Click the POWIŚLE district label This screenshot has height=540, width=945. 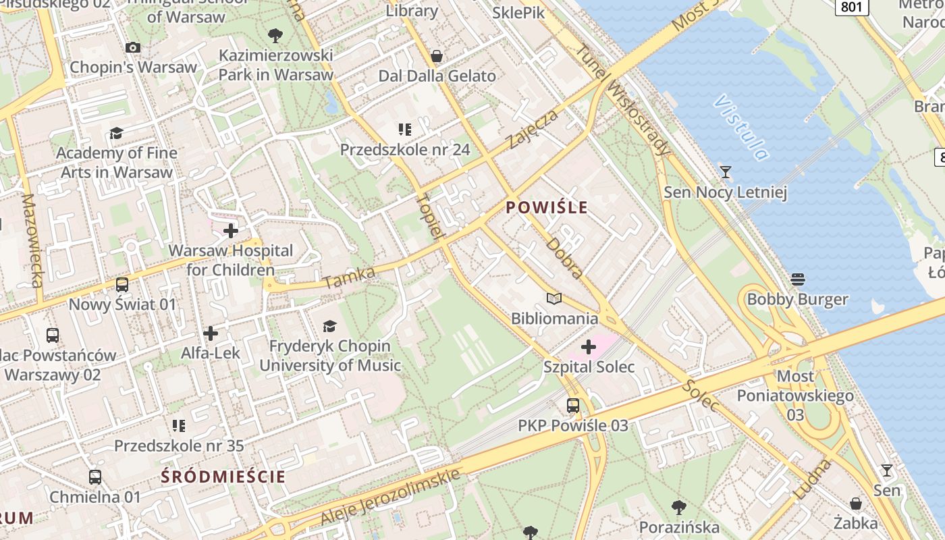pyautogui.click(x=547, y=207)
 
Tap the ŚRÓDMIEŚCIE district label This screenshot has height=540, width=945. pyautogui.click(x=223, y=477)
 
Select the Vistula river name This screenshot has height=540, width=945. pyautogui.click(x=741, y=128)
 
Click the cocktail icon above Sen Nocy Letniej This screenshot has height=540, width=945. pyautogui.click(x=726, y=172)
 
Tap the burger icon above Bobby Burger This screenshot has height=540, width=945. pyautogui.click(x=797, y=279)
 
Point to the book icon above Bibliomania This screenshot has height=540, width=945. pyautogui.click(x=554, y=298)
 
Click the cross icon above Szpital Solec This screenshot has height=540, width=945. pyautogui.click(x=589, y=347)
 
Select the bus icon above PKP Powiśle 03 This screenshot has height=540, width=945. pyautogui.click(x=572, y=406)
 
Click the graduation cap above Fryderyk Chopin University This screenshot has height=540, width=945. pyautogui.click(x=329, y=327)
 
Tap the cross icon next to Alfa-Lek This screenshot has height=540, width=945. pyautogui.click(x=211, y=333)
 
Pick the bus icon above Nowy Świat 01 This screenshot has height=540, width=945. pyautogui.click(x=122, y=285)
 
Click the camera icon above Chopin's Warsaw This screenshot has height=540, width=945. pyautogui.click(x=133, y=47)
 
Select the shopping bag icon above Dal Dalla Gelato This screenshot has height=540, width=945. pyautogui.click(x=437, y=56)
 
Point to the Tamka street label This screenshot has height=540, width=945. pyautogui.click(x=348, y=277)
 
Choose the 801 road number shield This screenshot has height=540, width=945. pyautogui.click(x=852, y=7)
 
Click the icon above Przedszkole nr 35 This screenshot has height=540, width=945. pyautogui.click(x=179, y=426)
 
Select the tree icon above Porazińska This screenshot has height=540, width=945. pyautogui.click(x=679, y=507)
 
